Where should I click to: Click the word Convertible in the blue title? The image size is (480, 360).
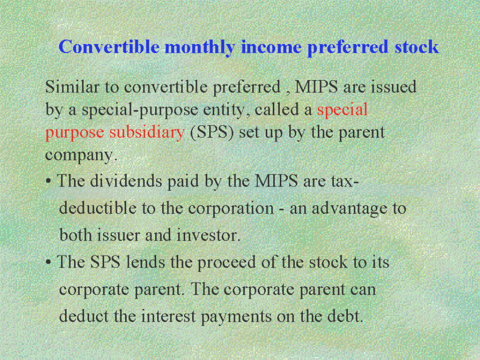click(x=109, y=47)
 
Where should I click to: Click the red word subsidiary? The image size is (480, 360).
click(x=147, y=132)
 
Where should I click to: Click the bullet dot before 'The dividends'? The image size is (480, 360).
click(x=48, y=181)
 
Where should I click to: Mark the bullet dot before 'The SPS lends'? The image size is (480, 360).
click(x=48, y=262)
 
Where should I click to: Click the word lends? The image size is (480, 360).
click(x=146, y=262)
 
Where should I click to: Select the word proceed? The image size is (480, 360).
click(x=226, y=263)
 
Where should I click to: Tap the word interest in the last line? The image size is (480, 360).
click(x=168, y=316)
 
